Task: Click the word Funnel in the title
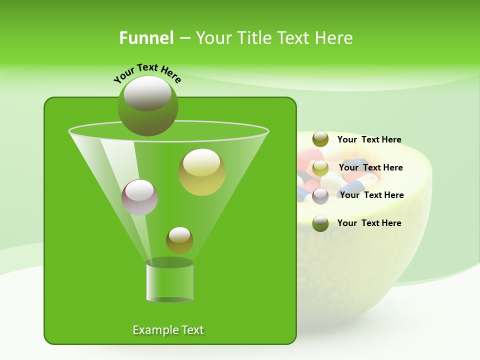[146, 38]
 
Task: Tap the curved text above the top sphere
[147, 73]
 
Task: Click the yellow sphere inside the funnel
[202, 172]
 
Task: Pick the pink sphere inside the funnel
[140, 197]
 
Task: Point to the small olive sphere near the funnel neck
[179, 240]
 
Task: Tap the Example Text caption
[168, 330]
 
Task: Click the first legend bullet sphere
[320, 139]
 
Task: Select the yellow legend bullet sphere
[320, 167]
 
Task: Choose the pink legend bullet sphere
[320, 195]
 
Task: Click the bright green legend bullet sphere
[320, 223]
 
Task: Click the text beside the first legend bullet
[369, 139]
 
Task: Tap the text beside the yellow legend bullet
[370, 167]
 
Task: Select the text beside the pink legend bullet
[371, 195]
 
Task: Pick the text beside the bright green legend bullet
[369, 223]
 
